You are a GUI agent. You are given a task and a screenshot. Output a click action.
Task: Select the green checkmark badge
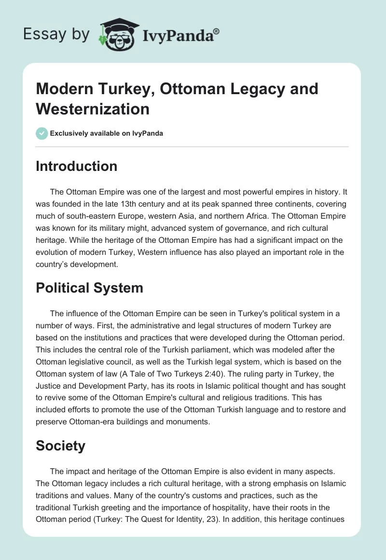point(42,133)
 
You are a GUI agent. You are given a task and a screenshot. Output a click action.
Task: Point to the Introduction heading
point(77,166)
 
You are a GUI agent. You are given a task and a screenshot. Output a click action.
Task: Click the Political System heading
point(89,288)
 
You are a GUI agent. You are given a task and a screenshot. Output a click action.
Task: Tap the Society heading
point(60,446)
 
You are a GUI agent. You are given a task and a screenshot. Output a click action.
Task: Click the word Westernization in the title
point(93,109)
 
